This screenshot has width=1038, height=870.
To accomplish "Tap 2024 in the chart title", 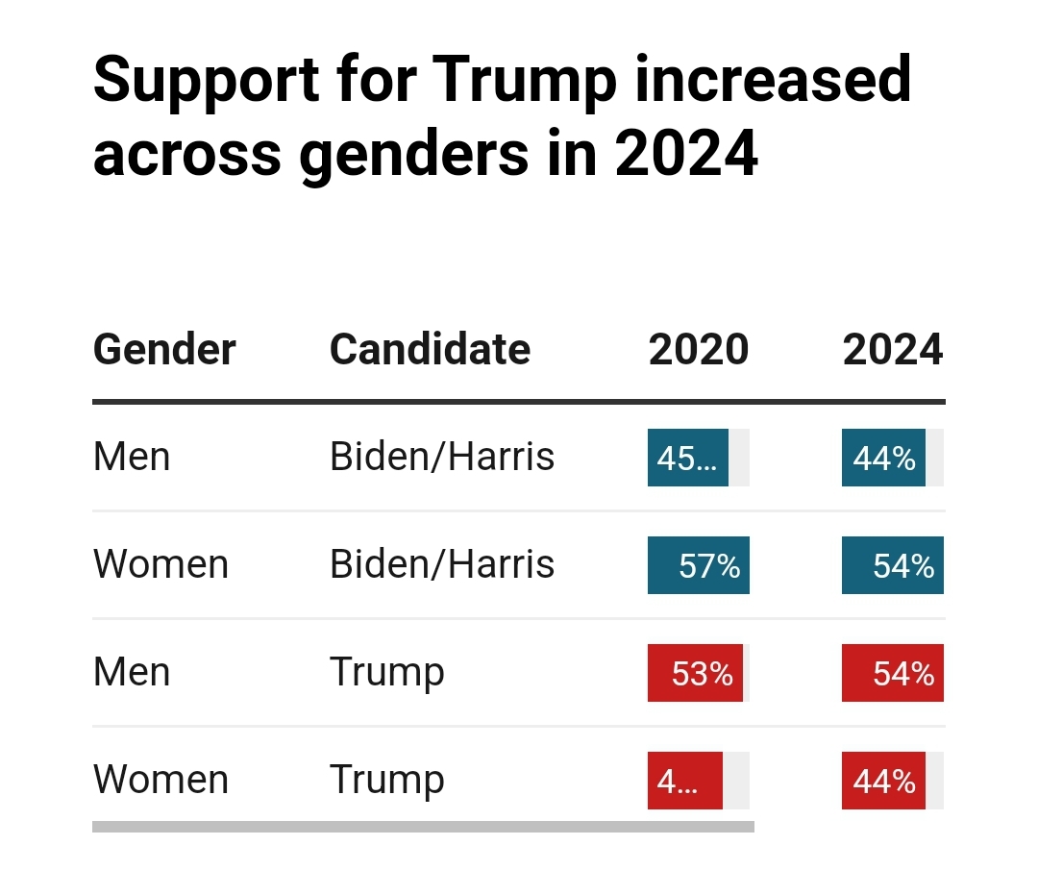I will [686, 154].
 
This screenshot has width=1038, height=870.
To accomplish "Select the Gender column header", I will [164, 349].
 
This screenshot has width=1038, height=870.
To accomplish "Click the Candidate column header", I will [430, 349].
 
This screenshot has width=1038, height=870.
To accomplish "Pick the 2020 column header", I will [699, 349].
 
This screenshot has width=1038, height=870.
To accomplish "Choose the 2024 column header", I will [893, 349].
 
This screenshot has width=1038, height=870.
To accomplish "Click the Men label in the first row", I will [132, 457].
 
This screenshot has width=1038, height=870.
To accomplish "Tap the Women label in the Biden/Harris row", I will [161, 564].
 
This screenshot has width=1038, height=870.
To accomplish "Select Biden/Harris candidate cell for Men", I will [442, 457].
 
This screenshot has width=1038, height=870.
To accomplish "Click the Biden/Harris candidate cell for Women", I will [442, 564].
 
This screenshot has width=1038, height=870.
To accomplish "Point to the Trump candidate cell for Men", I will [386, 672].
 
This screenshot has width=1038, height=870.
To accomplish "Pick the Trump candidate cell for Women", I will [386, 780].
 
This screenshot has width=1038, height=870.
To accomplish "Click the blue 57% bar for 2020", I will [699, 565].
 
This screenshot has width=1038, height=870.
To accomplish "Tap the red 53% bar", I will [695, 673].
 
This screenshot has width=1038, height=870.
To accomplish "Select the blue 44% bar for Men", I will [883, 458].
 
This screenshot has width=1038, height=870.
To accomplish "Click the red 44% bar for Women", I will [883, 781].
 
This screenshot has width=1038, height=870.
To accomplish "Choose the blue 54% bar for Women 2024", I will [893, 565].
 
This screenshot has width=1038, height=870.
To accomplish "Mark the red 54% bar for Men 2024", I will [893, 673].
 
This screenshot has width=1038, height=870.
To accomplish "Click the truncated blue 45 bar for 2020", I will [688, 458].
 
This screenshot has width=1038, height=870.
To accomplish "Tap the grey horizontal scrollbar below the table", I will [423, 826].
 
